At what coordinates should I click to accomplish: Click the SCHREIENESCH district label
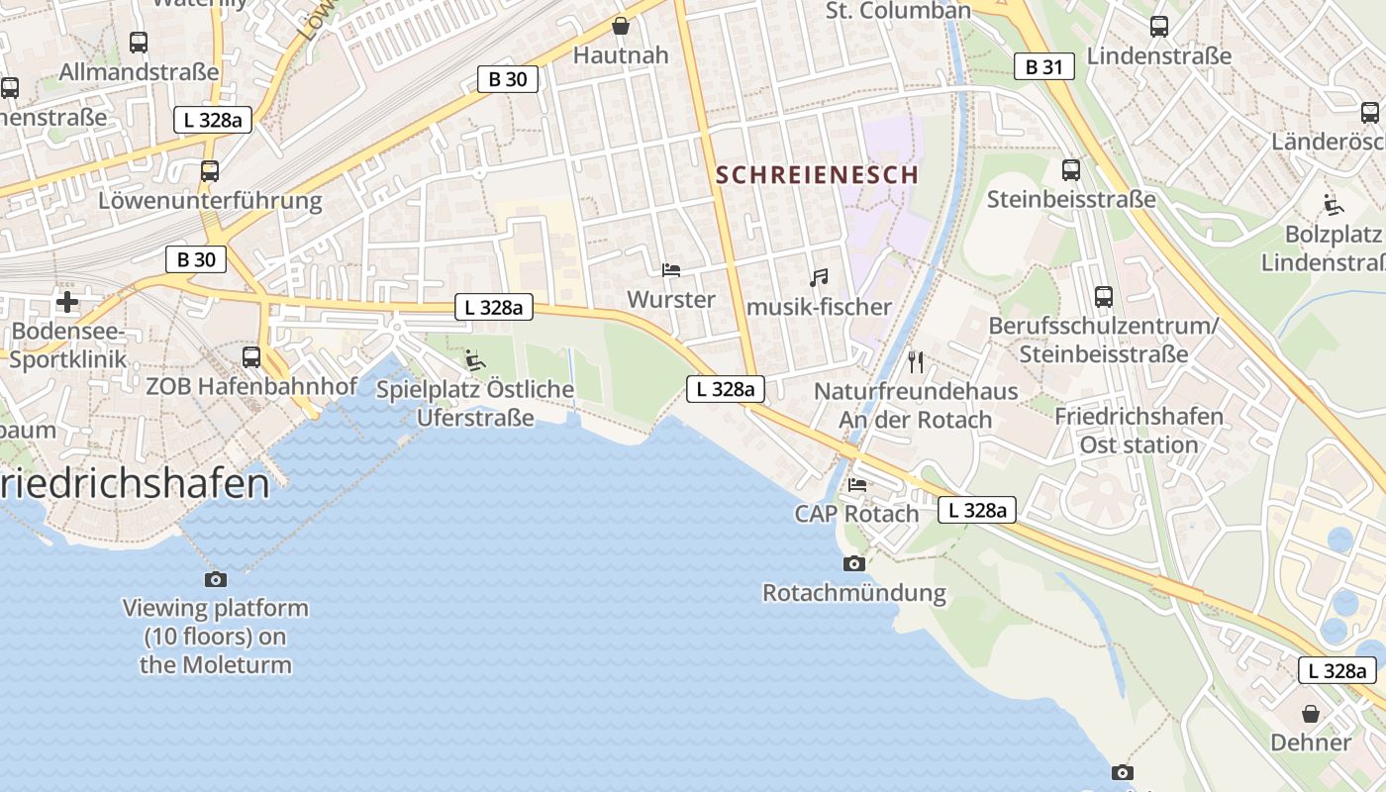pyautogui.click(x=817, y=175)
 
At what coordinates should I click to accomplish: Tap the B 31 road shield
pyautogui.click(x=1043, y=67)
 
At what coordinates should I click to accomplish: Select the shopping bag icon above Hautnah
pyautogui.click(x=621, y=26)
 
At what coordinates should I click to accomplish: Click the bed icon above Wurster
pyautogui.click(x=670, y=270)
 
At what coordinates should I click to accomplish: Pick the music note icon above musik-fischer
pyautogui.click(x=818, y=278)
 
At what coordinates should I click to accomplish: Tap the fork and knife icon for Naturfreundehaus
pyautogui.click(x=915, y=362)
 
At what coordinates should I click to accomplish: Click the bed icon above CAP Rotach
pyautogui.click(x=857, y=485)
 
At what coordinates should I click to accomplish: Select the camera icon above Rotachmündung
pyautogui.click(x=853, y=564)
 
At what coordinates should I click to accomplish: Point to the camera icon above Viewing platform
pyautogui.click(x=215, y=579)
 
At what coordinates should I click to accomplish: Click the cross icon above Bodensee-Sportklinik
pyautogui.click(x=66, y=302)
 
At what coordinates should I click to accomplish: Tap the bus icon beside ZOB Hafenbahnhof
pyautogui.click(x=251, y=357)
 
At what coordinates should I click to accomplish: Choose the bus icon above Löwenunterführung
pyautogui.click(x=209, y=171)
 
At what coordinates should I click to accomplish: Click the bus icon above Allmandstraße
pyautogui.click(x=139, y=43)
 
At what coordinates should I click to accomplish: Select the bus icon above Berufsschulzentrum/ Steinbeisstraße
pyautogui.click(x=1103, y=296)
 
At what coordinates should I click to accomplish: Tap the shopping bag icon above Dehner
pyautogui.click(x=1310, y=714)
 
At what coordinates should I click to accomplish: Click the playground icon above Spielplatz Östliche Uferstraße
pyautogui.click(x=475, y=360)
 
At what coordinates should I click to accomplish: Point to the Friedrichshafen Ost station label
pyautogui.click(x=1138, y=431)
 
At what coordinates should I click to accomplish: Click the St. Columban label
pyautogui.click(x=898, y=11)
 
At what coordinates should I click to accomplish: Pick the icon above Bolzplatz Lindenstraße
pyautogui.click(x=1333, y=205)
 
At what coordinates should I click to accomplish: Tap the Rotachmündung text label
pyautogui.click(x=853, y=594)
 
